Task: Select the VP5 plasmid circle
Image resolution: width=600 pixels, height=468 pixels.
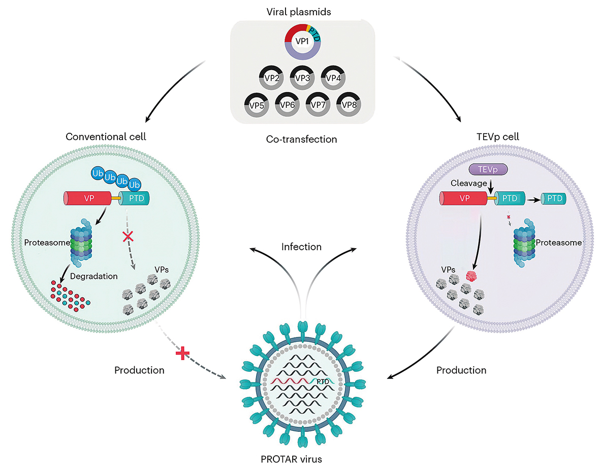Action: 256,105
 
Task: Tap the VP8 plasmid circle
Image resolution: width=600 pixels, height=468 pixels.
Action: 349,105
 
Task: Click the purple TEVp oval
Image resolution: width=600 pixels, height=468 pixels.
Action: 488,169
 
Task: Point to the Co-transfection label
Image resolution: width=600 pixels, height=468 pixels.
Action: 302,139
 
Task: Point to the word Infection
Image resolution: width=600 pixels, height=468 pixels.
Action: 302,247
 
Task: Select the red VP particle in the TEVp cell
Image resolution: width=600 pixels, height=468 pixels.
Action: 472,276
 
